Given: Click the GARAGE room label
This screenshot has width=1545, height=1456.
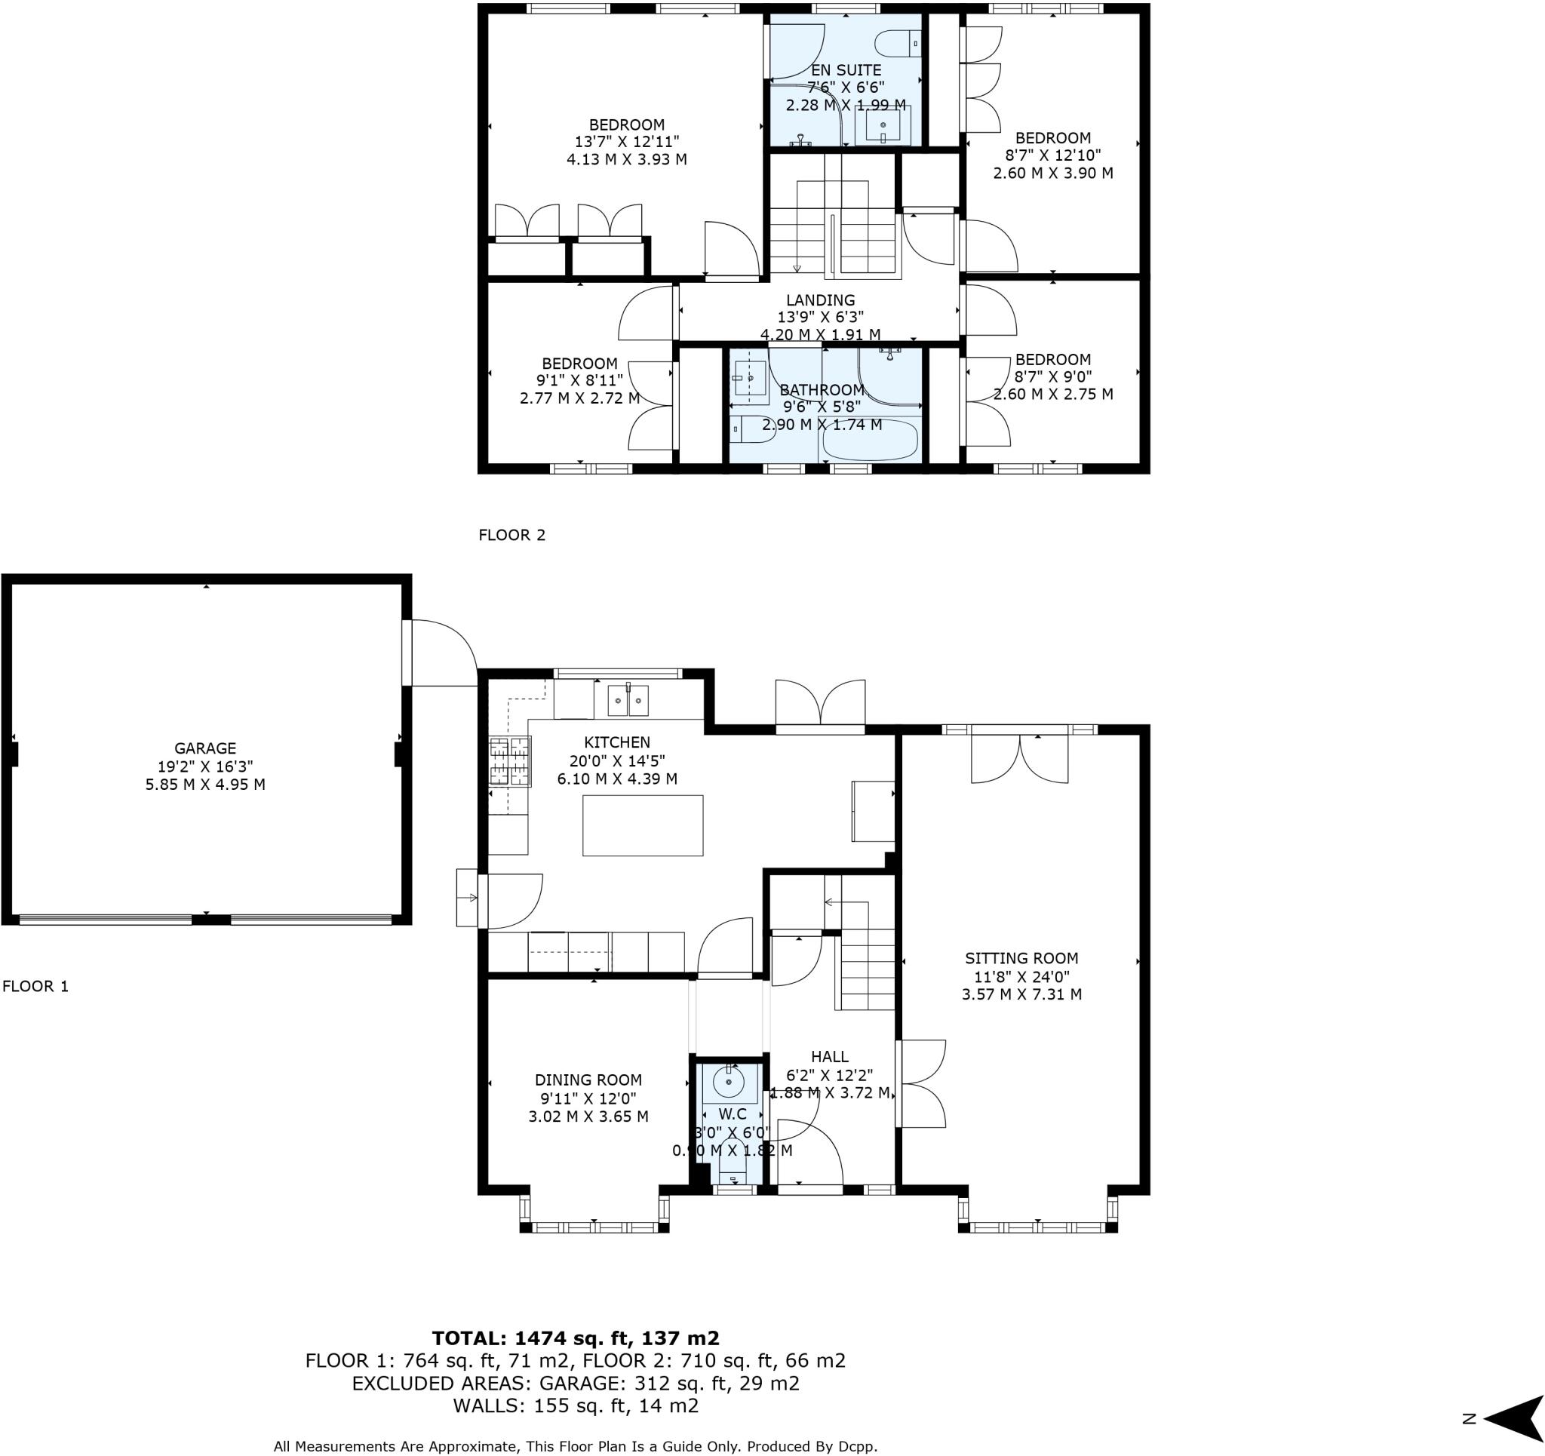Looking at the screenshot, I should tap(205, 748).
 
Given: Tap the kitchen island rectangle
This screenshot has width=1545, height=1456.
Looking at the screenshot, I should tap(643, 825).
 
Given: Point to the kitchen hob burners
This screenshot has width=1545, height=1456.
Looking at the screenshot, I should tap(510, 761).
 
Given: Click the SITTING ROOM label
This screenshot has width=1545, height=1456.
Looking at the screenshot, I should tap(1021, 959).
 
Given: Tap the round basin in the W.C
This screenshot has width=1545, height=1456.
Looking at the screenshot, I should tap(728, 1081).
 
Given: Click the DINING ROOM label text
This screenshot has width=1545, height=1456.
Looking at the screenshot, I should tap(588, 1080).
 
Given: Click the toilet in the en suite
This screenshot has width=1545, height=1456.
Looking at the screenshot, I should tap(898, 43).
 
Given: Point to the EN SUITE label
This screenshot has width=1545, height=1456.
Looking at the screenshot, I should tap(846, 70).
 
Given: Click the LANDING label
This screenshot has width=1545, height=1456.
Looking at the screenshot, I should tap(820, 300).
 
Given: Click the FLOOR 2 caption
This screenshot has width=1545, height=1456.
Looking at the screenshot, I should tap(511, 535).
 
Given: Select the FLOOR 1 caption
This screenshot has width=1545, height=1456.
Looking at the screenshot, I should tap(35, 987).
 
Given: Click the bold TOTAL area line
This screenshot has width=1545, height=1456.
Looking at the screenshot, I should tap(575, 1338).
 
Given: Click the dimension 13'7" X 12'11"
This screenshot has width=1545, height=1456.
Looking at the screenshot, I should tap(626, 142).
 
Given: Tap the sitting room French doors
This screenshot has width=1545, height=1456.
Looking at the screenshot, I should tap(1019, 758).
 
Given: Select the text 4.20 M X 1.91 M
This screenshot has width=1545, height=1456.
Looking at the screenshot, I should tap(820, 335).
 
